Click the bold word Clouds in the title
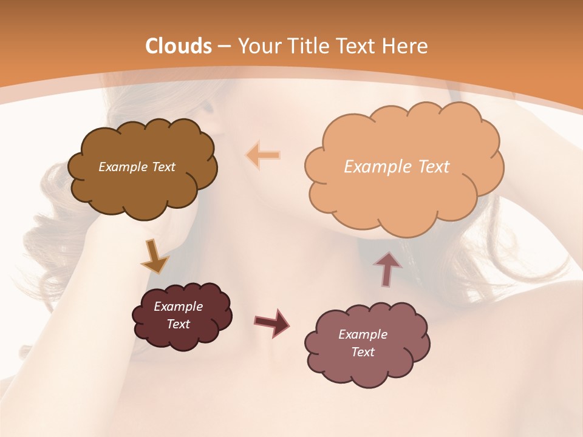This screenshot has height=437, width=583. click(x=179, y=46)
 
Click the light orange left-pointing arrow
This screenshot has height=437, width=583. click(x=263, y=155)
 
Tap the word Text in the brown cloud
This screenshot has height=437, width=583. click(x=162, y=167)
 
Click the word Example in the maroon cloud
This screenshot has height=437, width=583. click(x=178, y=307)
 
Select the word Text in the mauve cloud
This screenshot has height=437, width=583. click(x=363, y=352)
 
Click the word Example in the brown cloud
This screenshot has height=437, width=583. click(x=123, y=167)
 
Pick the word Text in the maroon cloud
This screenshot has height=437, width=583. click(x=178, y=324)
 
